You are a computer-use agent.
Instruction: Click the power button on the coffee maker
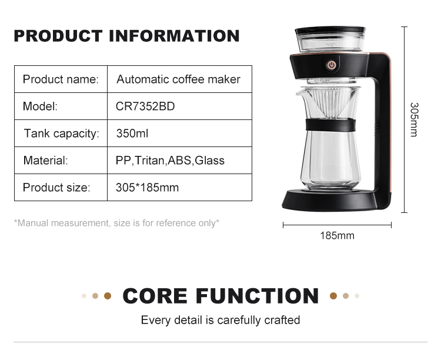(x=332, y=65)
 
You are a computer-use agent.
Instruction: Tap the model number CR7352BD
(x=145, y=106)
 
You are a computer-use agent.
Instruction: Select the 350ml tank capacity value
(x=132, y=134)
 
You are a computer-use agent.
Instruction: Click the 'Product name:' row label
(x=61, y=79)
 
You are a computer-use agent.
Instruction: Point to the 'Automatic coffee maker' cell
(x=178, y=79)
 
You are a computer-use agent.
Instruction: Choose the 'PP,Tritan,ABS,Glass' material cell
(x=170, y=161)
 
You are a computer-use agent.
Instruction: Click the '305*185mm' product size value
(x=147, y=188)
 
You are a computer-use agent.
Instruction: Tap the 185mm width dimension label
(x=337, y=236)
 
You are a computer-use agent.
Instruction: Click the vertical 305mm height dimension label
(x=414, y=119)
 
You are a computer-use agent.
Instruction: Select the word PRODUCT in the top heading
(x=58, y=36)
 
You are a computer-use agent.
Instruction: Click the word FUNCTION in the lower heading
(x=257, y=296)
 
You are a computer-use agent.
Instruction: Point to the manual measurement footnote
(x=116, y=223)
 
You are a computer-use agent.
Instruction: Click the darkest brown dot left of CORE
(x=108, y=296)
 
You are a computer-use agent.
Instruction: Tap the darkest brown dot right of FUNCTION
(x=333, y=296)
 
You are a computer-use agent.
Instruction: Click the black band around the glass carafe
(x=330, y=125)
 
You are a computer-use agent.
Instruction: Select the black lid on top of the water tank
(x=330, y=31)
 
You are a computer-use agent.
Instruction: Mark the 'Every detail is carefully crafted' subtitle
(x=220, y=321)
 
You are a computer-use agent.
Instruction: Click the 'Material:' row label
(x=45, y=161)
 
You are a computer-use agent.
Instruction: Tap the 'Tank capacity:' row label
(x=62, y=134)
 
